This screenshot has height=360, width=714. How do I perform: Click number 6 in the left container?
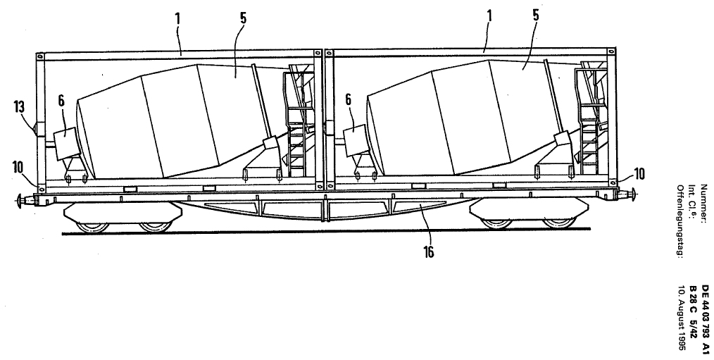click(x=61, y=102)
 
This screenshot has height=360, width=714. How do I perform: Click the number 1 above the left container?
click(x=179, y=18)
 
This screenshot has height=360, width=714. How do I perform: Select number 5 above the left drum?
click(x=243, y=18)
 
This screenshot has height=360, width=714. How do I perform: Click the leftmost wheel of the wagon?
click(x=92, y=226)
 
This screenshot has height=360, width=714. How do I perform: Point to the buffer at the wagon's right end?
click(x=634, y=195)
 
